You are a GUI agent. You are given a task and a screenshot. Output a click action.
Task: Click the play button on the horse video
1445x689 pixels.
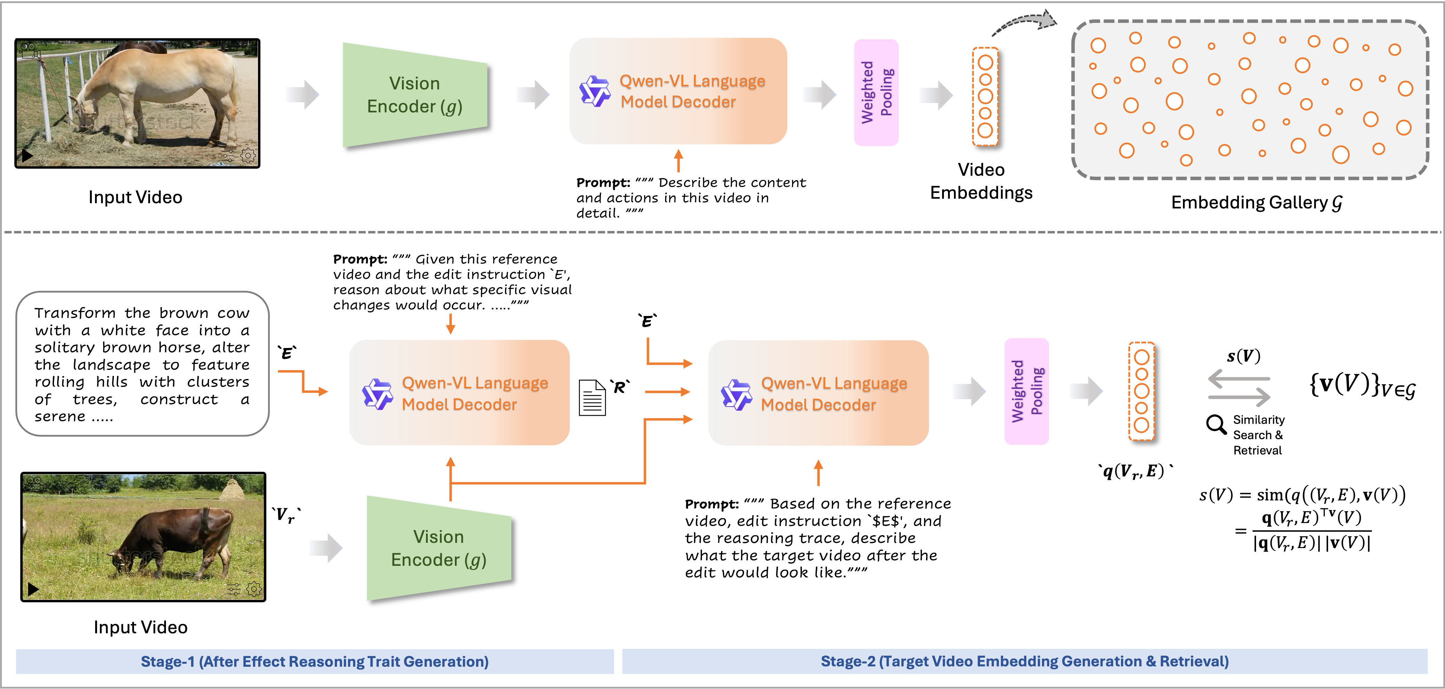[x=26, y=156]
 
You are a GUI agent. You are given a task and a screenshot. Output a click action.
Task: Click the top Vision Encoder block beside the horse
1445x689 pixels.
[x=414, y=95]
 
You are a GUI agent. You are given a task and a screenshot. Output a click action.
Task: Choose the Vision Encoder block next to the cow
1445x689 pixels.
[x=439, y=548]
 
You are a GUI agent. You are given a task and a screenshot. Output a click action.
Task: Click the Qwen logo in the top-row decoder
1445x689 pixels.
[x=595, y=91]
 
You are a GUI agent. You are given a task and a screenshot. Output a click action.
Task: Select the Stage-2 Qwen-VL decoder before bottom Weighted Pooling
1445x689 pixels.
[x=818, y=393]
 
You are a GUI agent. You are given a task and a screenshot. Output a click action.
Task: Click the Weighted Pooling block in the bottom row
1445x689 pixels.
[x=1026, y=391]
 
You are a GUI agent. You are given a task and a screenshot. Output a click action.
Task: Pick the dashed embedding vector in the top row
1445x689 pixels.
[x=985, y=96]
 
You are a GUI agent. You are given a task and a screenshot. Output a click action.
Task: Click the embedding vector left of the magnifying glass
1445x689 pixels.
[x=1141, y=391]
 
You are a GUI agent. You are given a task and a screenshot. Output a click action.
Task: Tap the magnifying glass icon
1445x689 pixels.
[x=1216, y=425]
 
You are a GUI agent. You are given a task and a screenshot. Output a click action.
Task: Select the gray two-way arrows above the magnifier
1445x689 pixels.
[x=1239, y=388]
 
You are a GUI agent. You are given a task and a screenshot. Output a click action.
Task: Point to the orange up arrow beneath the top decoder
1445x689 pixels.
[x=678, y=161]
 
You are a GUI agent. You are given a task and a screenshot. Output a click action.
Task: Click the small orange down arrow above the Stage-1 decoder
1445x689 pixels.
[x=450, y=324]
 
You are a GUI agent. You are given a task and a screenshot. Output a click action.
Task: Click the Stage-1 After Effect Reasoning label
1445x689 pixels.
[x=315, y=662]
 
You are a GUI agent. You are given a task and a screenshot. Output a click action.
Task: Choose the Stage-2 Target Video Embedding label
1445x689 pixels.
[x=1024, y=662]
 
